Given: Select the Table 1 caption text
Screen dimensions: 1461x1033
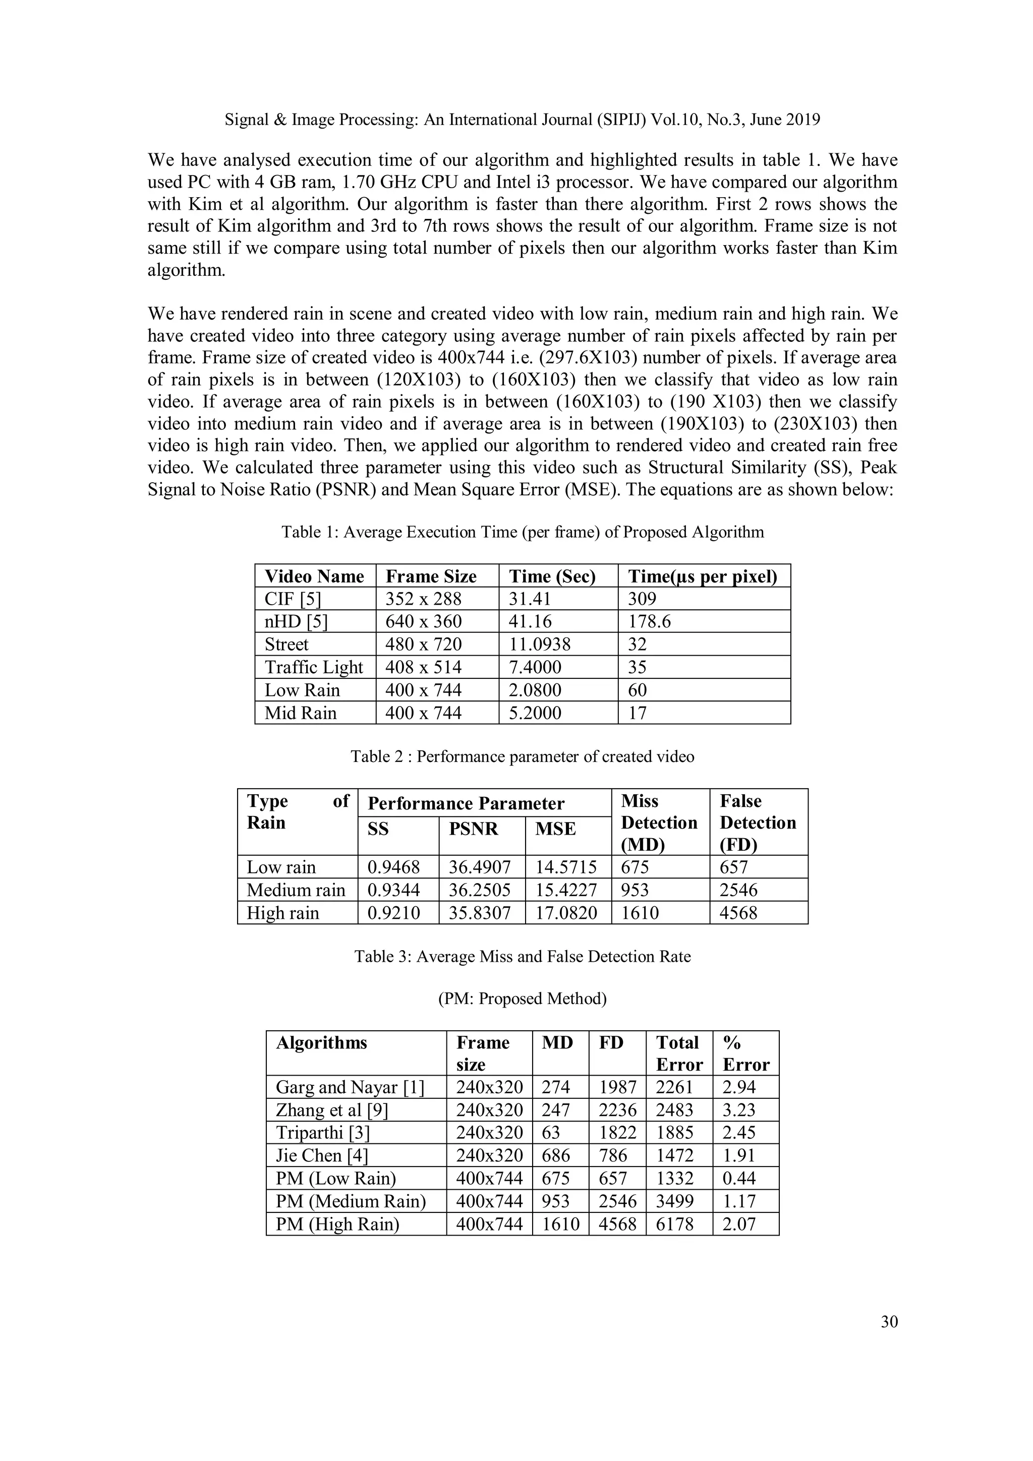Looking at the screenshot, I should pos(523,532).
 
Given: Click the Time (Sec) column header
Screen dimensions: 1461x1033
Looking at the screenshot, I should pos(552,576).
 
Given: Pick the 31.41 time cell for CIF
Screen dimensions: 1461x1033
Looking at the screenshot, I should pos(530,599).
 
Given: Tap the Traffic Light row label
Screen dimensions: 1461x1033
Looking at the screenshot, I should pos(314,668).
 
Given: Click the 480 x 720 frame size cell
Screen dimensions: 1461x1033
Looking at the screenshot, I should pos(423,645).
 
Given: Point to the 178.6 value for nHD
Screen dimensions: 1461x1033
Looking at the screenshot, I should pos(649,622).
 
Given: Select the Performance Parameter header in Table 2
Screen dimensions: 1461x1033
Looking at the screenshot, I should pos(466,804).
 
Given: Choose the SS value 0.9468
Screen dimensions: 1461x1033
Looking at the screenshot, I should pos(393,867).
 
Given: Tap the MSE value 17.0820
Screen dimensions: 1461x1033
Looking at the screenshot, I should pos(566,913).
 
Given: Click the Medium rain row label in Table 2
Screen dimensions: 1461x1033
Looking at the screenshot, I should pos(296,890).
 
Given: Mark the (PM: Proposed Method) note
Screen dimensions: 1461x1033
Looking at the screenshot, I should pos(522,999).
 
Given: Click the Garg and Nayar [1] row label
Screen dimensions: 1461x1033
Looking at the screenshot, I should pos(350,1087).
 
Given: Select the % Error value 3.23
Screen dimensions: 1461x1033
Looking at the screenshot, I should pos(738,1111).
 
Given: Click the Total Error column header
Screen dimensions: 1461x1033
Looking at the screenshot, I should pos(678,1053).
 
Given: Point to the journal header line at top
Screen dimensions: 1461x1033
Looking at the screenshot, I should pos(522,120).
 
